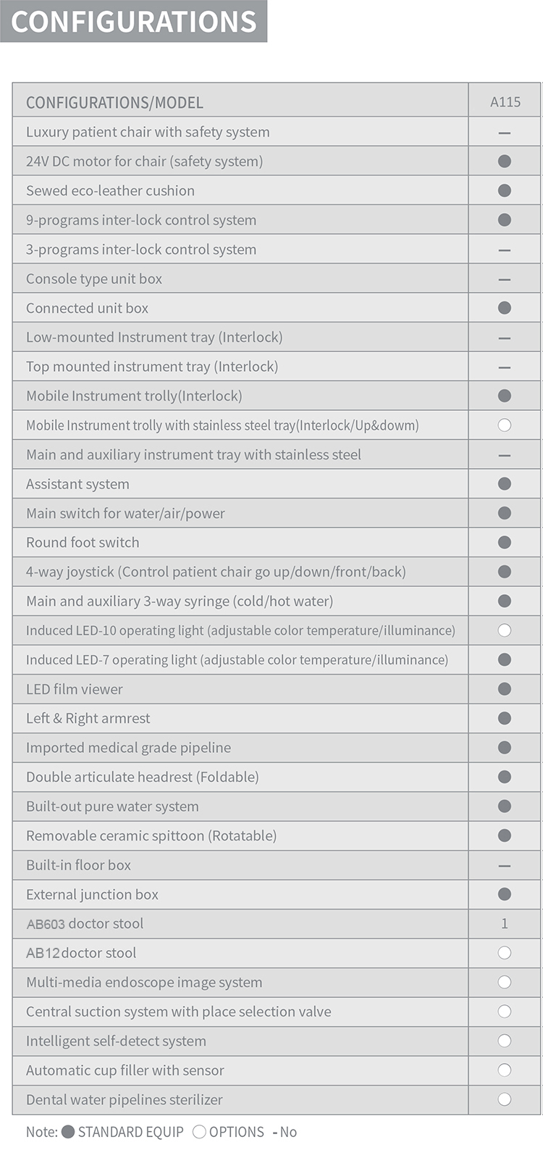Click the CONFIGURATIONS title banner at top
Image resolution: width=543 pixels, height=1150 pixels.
(134, 21)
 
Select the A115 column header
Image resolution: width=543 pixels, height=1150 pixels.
(505, 102)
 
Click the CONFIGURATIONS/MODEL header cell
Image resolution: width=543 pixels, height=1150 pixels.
(114, 103)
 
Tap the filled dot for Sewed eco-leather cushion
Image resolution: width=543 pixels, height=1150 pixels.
(505, 191)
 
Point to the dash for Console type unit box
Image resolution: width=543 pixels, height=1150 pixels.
(505, 279)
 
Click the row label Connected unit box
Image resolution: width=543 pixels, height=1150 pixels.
(87, 308)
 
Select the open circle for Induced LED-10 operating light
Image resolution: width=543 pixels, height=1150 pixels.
(505, 630)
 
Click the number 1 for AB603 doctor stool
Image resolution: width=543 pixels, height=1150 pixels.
(505, 924)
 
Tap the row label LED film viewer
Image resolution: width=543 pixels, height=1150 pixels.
(75, 689)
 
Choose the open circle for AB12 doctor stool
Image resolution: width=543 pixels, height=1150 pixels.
(505, 953)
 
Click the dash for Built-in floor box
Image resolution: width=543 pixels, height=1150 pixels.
(505, 866)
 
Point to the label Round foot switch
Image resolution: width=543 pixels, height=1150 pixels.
(83, 542)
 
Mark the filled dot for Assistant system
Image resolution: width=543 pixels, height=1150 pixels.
(505, 484)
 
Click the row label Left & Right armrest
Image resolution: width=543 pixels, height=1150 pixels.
(88, 718)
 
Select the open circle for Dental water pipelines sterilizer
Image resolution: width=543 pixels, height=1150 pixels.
(505, 1099)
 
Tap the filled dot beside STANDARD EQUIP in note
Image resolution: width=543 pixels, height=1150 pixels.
(68, 1132)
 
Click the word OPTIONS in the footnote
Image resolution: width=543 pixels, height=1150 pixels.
(236, 1132)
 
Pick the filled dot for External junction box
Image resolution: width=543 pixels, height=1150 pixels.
(505, 894)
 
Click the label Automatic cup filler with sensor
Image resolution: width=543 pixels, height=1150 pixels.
(125, 1070)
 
